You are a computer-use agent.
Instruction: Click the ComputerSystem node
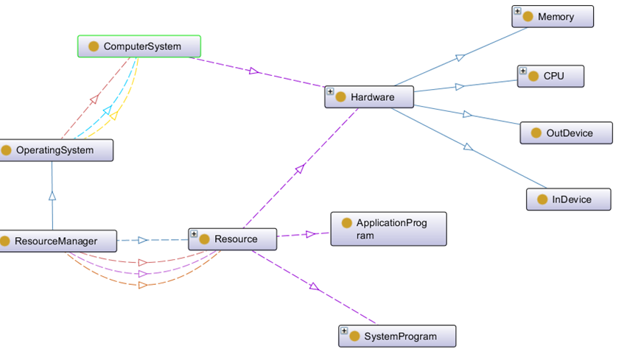pos(139,46)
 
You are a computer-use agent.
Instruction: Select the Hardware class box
pos(369,96)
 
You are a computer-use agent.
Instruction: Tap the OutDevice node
pos(566,133)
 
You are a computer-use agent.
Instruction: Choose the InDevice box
pos(569,199)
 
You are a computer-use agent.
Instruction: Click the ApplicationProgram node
pos(388,229)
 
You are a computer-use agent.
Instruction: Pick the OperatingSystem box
pos(56,150)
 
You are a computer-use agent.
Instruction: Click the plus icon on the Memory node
pos(518,12)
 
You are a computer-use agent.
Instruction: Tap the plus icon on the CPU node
pos(523,71)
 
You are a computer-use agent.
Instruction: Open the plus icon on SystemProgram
pos(344,331)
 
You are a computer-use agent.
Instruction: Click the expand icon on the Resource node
pos(194,234)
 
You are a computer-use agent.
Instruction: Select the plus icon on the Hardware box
pos(331,92)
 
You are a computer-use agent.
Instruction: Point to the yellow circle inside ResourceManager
pos(6,241)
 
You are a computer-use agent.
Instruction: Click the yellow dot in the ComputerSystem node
pos(94,46)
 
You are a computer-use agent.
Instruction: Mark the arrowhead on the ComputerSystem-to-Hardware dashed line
pos(254,71)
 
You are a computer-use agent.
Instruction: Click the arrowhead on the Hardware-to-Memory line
pos(458,57)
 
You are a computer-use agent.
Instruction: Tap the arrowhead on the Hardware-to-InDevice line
pos(468,147)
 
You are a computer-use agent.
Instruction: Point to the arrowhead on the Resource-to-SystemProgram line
pos(315,287)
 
